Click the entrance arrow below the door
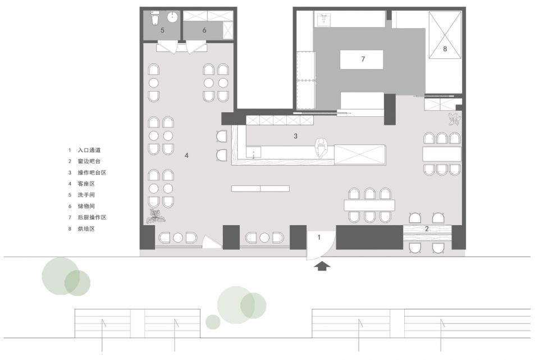point(322,266)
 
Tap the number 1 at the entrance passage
point(319,237)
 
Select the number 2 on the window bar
point(427,229)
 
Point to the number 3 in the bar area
point(295,136)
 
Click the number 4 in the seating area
point(186,156)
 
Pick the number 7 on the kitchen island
point(363,59)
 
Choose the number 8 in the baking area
point(445,49)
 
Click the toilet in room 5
point(155,17)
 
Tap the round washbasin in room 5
point(172,16)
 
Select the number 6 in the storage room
point(204,30)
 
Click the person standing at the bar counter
point(321,148)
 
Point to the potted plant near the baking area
point(454,119)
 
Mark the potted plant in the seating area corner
point(156,216)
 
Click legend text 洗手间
point(86,195)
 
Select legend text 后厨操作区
point(92,217)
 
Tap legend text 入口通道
point(89,150)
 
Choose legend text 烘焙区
point(86,229)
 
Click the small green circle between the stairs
point(213,322)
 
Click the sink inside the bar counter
point(253,152)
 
